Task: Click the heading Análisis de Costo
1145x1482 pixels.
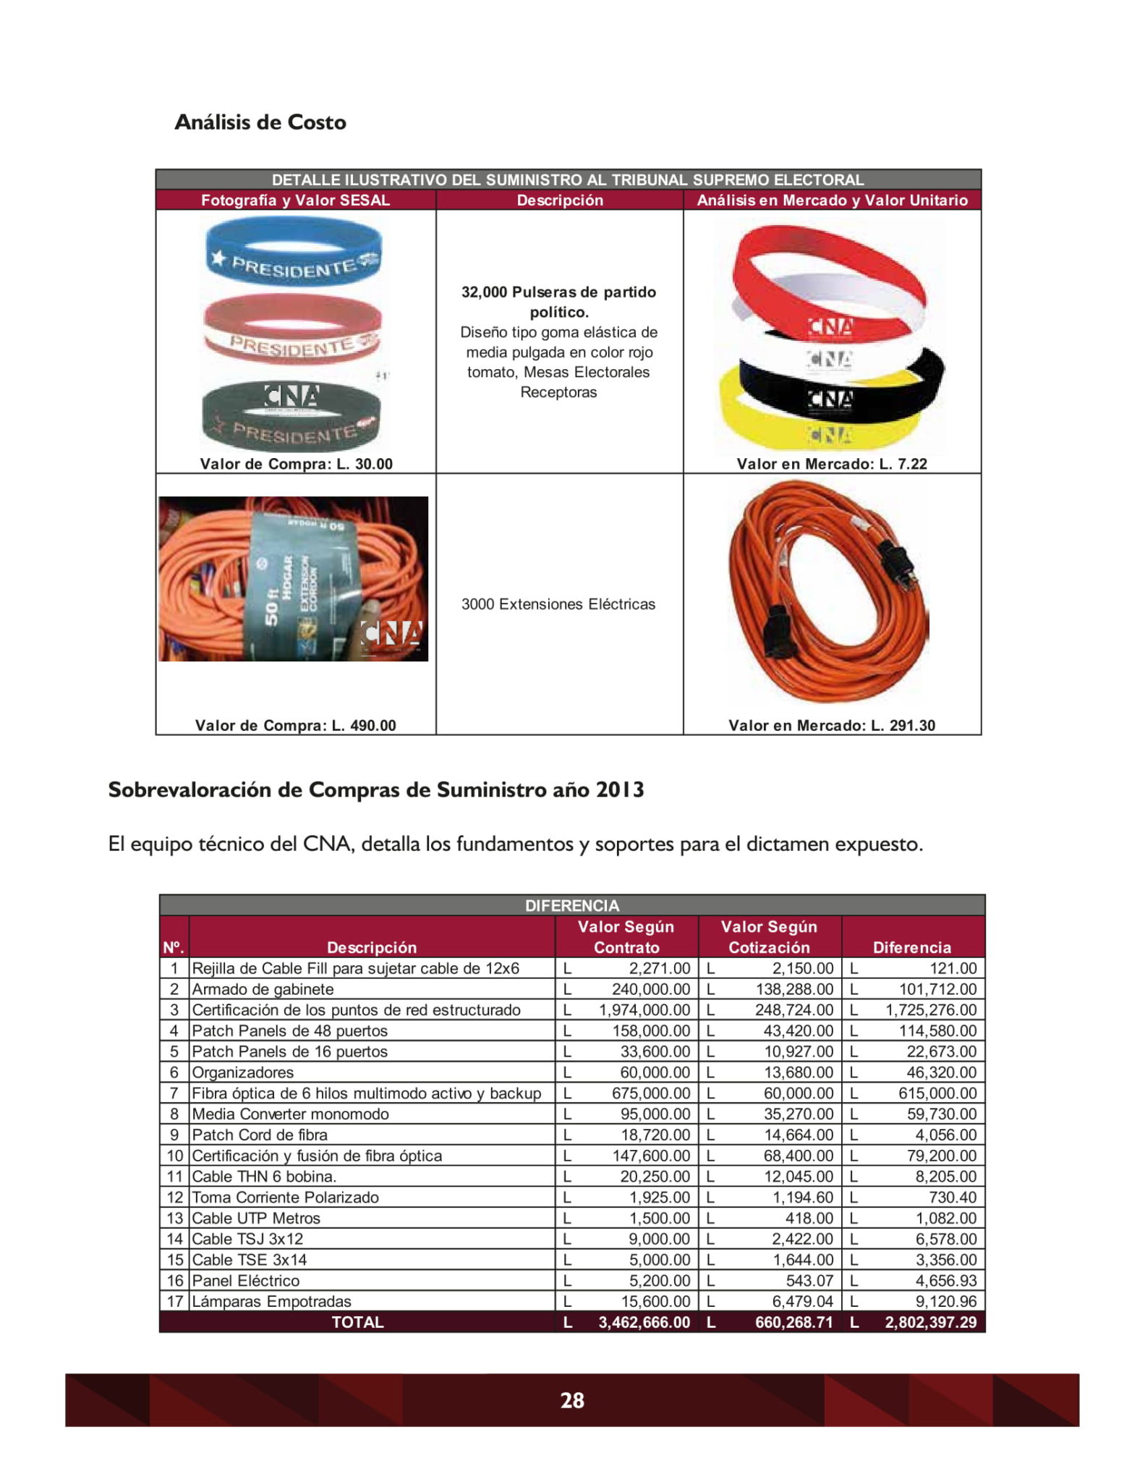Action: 260,122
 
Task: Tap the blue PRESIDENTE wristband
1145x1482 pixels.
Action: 294,253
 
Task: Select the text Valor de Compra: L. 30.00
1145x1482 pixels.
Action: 296,464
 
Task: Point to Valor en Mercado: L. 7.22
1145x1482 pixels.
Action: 832,464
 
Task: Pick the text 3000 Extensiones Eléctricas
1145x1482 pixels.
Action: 558,604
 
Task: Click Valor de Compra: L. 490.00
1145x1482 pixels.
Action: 295,725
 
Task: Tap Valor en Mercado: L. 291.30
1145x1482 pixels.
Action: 832,725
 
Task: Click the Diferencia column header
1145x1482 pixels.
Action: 911,947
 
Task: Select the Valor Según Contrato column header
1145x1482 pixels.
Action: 626,937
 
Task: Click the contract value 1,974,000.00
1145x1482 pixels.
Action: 644,1009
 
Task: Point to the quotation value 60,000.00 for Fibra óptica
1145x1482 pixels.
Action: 799,1093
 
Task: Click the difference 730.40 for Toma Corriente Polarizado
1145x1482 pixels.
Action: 953,1197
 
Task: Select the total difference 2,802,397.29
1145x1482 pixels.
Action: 930,1322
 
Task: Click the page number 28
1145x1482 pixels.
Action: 572,1400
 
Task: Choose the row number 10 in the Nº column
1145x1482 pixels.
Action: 175,1156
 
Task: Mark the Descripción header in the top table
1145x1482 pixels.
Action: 559,200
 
